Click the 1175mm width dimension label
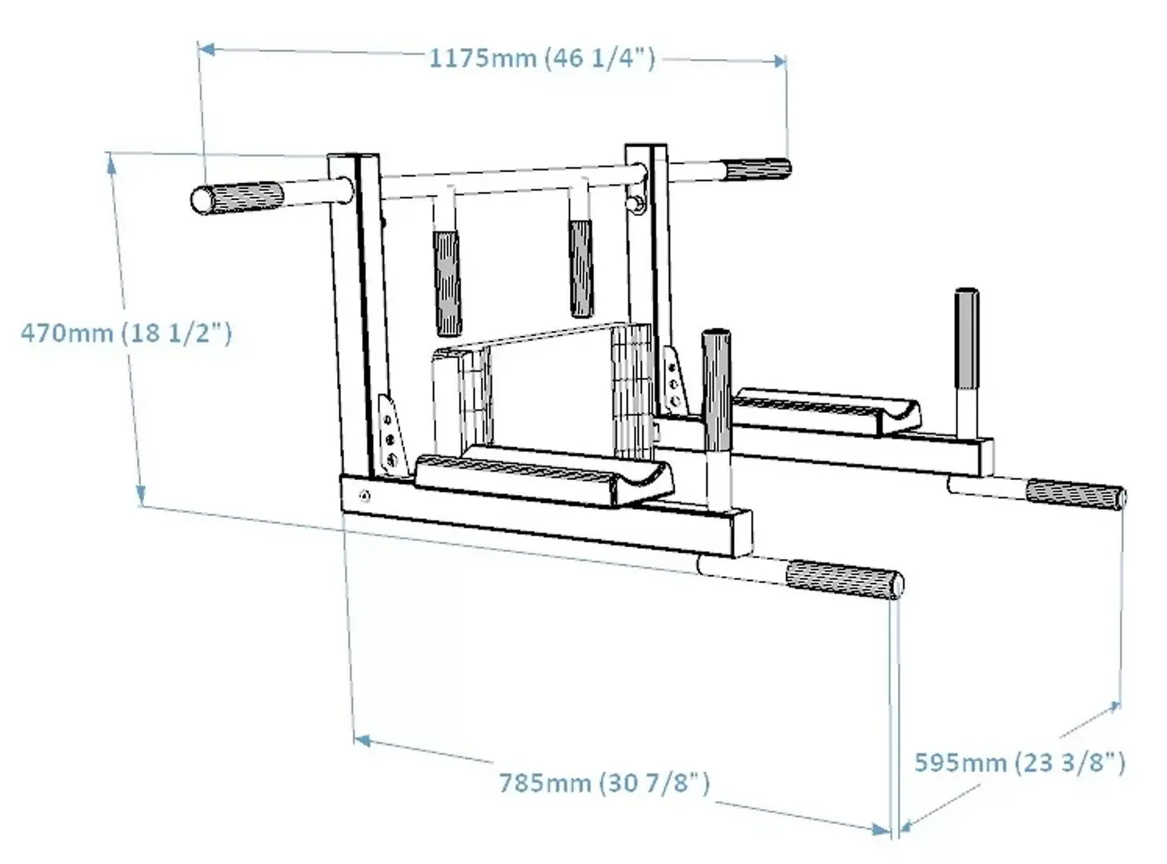[x=542, y=58]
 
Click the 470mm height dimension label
[x=126, y=332]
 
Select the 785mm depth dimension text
[x=604, y=782]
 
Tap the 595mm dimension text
[x=1019, y=762]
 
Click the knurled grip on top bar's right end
[x=756, y=170]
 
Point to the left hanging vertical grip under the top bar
[x=447, y=282]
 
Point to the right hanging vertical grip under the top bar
[x=581, y=267]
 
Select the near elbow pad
[x=544, y=478]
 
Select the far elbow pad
[x=824, y=409]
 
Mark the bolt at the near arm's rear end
[x=365, y=496]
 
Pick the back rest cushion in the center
[x=544, y=384]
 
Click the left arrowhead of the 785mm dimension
[x=361, y=740]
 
